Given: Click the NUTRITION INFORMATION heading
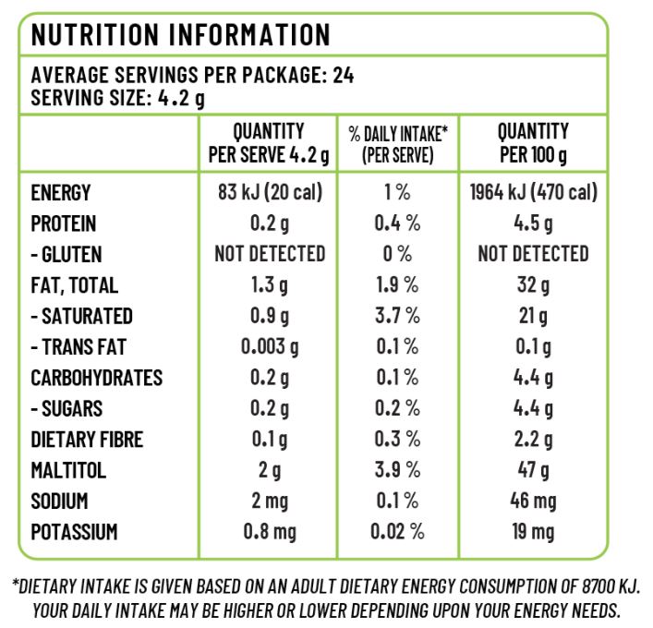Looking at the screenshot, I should coord(181,34).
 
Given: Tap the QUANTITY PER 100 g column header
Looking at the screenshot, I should coord(533,143).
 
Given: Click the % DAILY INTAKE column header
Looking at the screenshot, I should coord(397,144).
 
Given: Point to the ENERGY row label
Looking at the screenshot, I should coord(61,193).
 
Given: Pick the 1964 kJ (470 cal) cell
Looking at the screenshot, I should coord(533,193).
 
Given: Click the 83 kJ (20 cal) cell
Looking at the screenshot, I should coord(269,193).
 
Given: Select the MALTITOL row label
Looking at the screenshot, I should coord(68,470).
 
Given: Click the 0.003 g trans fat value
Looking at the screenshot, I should coord(269,347).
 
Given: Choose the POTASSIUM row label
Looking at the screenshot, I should coord(74,532).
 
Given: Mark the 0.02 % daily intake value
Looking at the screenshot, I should coord(397,532).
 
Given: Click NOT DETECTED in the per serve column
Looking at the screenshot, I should coord(269,254).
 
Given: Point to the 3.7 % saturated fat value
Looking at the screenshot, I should coord(397,316).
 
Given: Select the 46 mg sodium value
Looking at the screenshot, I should coord(533,501).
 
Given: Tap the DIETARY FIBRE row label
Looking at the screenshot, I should coord(87,440).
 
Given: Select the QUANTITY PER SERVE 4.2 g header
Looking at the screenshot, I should coord(269,143).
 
